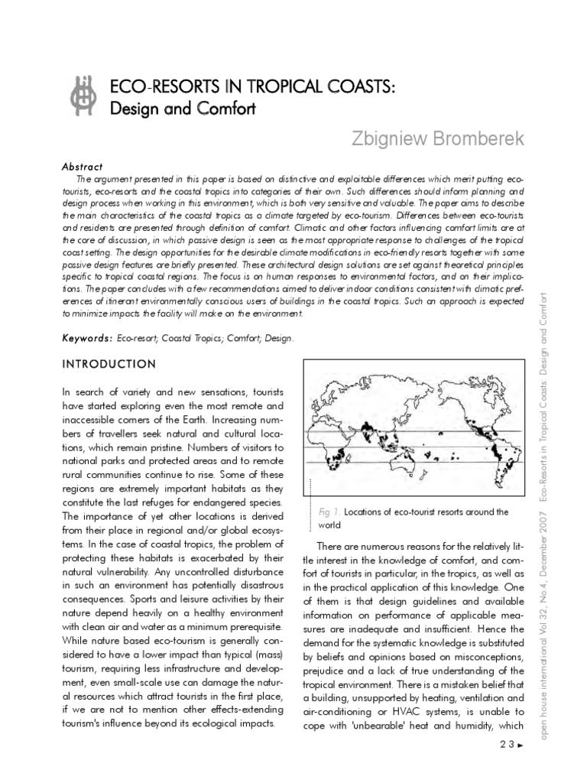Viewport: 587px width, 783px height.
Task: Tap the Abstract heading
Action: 82,166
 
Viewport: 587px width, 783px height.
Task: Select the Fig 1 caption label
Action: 329,512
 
